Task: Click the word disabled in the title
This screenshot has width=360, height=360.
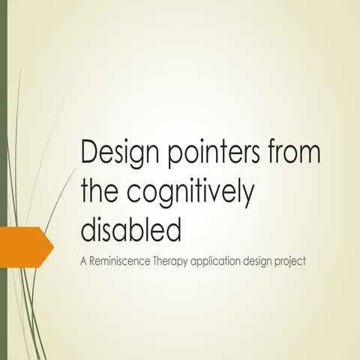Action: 130,227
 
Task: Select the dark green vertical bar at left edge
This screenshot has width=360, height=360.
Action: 3,180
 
